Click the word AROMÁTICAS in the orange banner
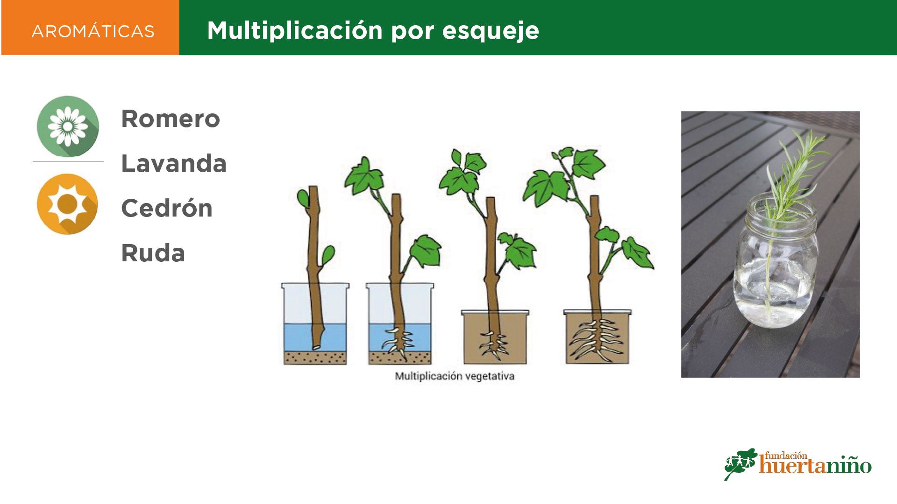tap(93, 31)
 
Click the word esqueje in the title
tap(491, 31)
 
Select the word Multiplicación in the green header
tap(295, 31)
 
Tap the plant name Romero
tap(171, 119)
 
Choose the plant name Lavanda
tap(174, 163)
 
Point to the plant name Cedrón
tap(167, 208)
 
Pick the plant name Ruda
tap(153, 253)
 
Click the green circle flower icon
tap(68, 126)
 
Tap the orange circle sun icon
tap(68, 204)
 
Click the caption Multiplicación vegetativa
tap(455, 376)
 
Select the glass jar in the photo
tap(776, 261)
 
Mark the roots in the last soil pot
tap(596, 340)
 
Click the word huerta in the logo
tap(794, 465)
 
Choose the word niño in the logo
tap(851, 465)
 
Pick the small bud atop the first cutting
tap(303, 198)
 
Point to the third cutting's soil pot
tap(495, 337)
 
